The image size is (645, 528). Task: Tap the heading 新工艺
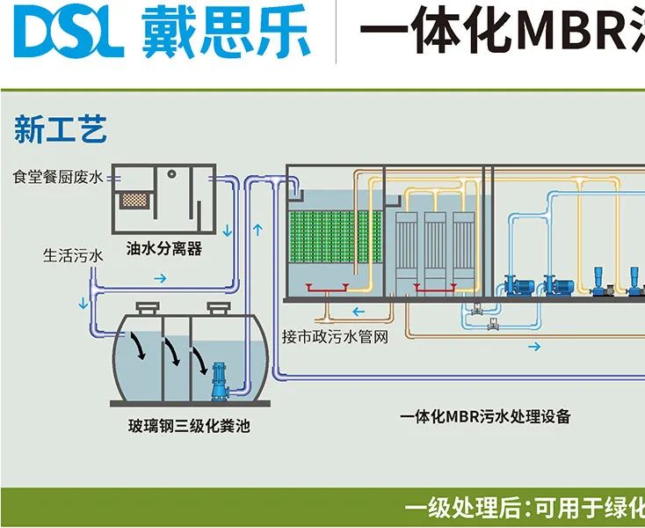[60, 131]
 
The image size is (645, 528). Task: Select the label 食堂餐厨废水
[58, 177]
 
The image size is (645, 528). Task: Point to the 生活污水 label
[74, 256]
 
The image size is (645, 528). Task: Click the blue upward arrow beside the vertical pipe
[257, 231]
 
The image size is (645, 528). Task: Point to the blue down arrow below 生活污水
[84, 304]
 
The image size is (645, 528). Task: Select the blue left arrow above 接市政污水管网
[359, 312]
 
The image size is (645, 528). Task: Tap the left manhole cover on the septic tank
[148, 305]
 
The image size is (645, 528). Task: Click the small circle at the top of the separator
[173, 172]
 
